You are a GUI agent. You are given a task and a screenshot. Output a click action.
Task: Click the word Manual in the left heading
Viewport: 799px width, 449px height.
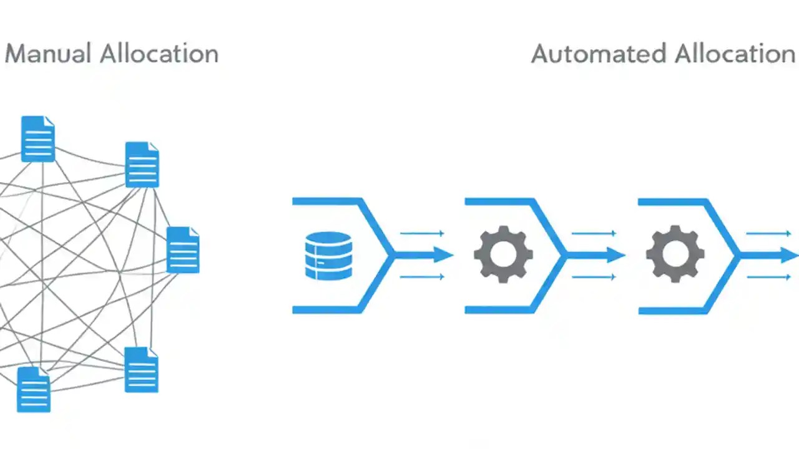click(x=47, y=54)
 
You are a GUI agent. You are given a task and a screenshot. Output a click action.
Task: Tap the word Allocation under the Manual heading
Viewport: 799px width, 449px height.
click(x=159, y=54)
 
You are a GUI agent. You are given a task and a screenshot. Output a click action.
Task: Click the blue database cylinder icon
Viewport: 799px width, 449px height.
click(x=328, y=255)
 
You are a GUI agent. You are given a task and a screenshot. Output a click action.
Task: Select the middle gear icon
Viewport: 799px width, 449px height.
click(x=503, y=255)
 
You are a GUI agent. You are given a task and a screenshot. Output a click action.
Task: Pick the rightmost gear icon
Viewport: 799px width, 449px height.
click(x=675, y=255)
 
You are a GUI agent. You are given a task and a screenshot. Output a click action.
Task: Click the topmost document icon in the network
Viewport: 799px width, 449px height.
click(x=38, y=138)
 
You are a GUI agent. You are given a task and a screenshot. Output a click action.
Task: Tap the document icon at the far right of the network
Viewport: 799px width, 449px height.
click(x=183, y=249)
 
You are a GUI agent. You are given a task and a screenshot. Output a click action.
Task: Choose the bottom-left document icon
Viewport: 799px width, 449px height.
click(x=33, y=389)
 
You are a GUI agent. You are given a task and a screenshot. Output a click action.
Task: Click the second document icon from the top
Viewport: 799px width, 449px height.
click(x=142, y=165)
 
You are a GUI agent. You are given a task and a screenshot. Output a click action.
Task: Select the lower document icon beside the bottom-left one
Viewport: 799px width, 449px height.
click(x=141, y=369)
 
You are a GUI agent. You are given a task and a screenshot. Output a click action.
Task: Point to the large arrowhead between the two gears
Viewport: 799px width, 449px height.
click(x=615, y=255)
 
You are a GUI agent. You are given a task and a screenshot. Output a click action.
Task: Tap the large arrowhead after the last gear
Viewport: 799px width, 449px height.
click(x=788, y=255)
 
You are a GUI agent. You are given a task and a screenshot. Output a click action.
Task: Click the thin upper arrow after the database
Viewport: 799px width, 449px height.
click(x=422, y=233)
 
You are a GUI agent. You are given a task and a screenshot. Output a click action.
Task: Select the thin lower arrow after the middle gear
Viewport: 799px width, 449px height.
click(x=594, y=277)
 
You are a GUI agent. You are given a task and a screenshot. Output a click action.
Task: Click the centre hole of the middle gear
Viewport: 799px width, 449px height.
click(x=503, y=255)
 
